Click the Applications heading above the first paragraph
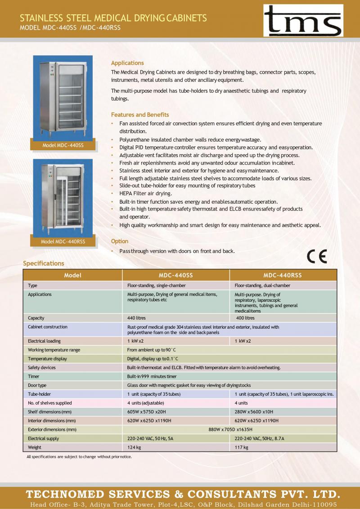[127, 63]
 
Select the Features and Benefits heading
[140, 115]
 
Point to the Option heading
[120, 241]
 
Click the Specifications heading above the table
[44, 263]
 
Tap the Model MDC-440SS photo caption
[63, 146]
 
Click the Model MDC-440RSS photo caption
[63, 241]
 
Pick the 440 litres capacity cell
[137, 318]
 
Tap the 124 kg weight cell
[134, 447]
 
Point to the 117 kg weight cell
[241, 447]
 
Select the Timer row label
[34, 376]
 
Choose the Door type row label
[37, 385]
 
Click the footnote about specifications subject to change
[79, 457]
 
